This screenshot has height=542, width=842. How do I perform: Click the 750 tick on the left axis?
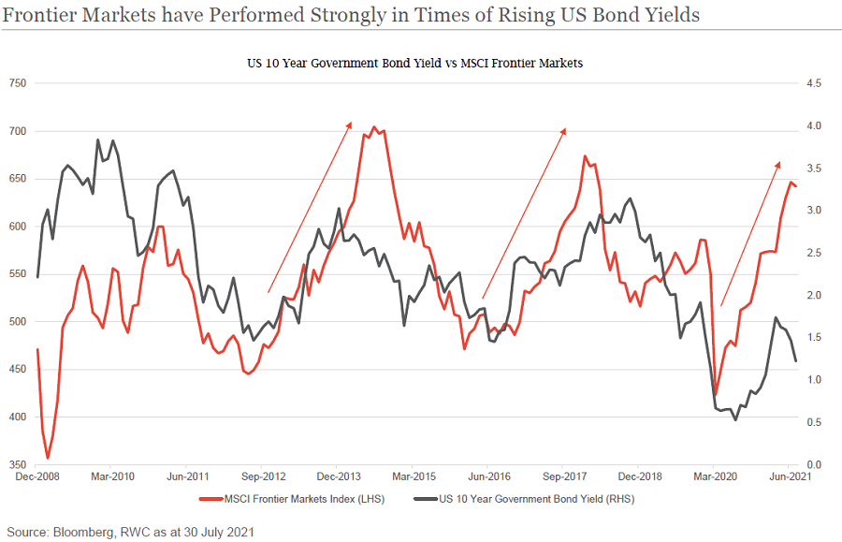(16, 84)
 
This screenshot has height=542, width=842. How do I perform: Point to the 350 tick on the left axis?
(16, 464)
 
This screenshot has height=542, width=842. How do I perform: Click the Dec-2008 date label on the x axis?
(36, 477)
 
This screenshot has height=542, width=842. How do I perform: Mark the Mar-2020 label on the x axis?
(714, 477)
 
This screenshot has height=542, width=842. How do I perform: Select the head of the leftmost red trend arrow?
(350, 123)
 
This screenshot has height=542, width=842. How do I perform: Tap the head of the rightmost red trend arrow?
(778, 164)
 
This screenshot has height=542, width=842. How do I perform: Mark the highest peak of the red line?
(374, 127)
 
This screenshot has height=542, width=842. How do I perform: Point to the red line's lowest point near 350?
(48, 458)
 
